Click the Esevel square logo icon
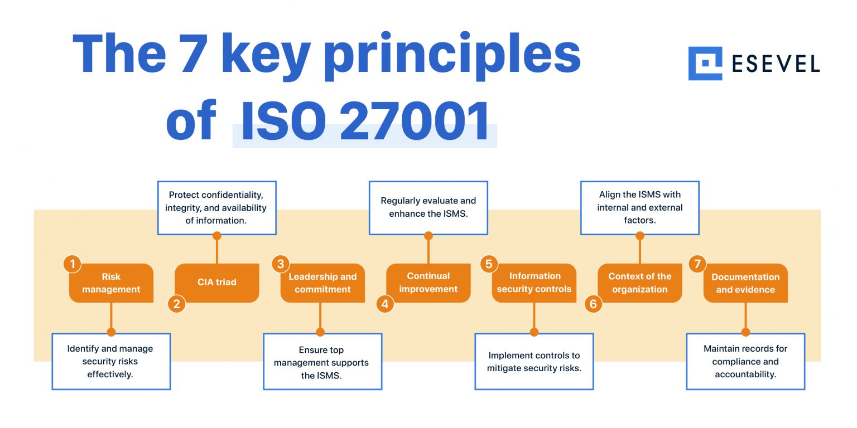coord(705,64)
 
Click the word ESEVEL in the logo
coord(776,64)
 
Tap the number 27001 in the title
coord(415,121)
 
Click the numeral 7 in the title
coord(194,53)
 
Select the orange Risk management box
coord(111,283)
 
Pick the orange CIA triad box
coord(217,283)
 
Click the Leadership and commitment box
coord(322,283)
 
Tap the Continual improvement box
coord(428,283)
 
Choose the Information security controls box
coord(534,283)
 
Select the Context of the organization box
coord(640,283)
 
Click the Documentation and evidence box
coord(745,283)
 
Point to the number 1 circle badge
coord(73,264)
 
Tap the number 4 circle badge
coord(385,304)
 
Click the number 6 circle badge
coord(593,304)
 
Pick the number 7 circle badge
coord(697,264)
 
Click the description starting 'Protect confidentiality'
coord(216,207)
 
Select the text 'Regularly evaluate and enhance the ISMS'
coord(428,207)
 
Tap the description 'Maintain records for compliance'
coord(745,361)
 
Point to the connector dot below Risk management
coord(111,332)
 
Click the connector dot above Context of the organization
coord(640,236)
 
